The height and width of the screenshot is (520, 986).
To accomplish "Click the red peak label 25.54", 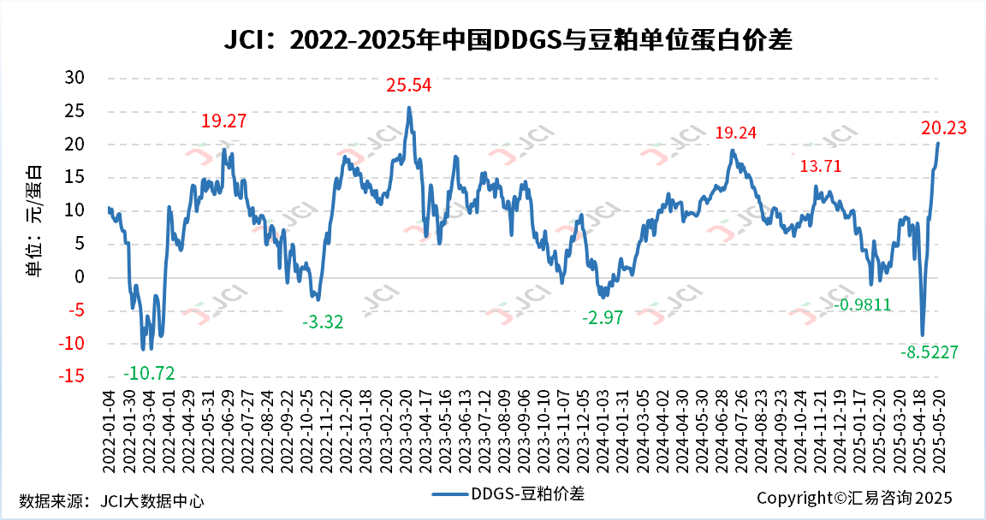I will (408, 86).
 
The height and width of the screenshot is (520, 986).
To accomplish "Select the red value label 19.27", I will (223, 121).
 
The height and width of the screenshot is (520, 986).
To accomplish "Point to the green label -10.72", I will (149, 374).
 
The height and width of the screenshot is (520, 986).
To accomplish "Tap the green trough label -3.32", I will (323, 322).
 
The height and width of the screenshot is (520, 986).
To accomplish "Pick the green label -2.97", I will (603, 318).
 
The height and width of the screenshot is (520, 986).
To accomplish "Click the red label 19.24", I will (736, 133).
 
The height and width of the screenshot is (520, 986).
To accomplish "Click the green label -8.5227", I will (929, 352).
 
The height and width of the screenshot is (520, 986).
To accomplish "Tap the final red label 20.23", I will (943, 128).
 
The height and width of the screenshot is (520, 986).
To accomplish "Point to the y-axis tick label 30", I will (75, 78).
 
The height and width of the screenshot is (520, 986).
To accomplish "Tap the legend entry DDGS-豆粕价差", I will (508, 493).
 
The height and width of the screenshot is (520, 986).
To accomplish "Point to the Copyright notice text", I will (853, 498).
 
